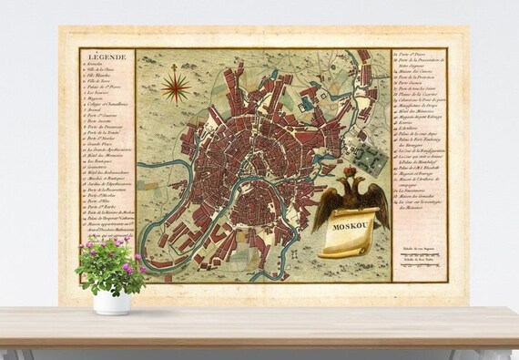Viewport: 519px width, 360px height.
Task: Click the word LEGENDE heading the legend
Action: click(x=100, y=57)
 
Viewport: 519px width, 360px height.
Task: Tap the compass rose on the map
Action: click(x=176, y=87)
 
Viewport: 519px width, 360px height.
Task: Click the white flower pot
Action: click(x=112, y=302)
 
